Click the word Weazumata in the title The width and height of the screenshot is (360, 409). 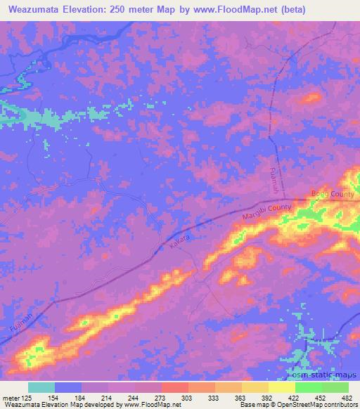point(37,9)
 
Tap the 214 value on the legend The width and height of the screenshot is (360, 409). point(110,397)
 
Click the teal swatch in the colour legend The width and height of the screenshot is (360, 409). point(41,387)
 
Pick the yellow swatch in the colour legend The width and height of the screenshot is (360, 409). point(281,387)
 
